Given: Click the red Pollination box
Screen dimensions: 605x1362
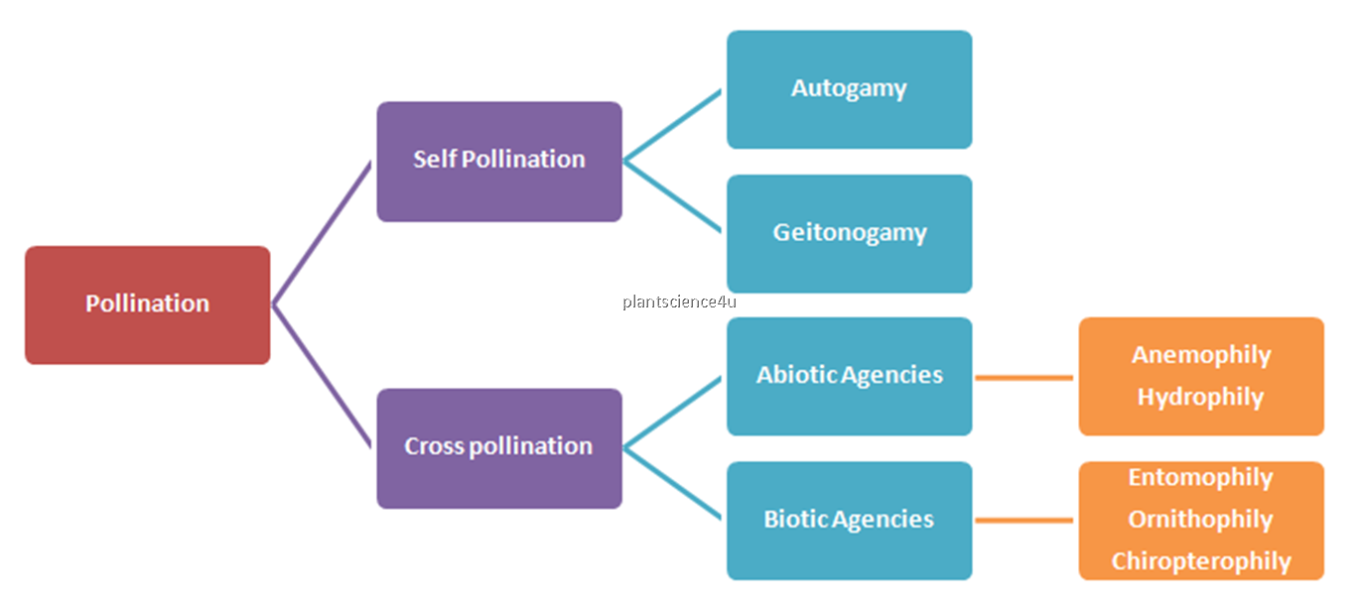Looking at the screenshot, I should click(147, 304).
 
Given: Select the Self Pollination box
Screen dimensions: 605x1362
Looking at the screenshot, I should click(499, 161).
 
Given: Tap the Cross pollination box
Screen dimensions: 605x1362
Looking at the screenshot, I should click(499, 447).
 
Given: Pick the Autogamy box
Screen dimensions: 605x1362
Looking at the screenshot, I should click(849, 89).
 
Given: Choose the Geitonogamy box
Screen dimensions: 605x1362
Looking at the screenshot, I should click(849, 234).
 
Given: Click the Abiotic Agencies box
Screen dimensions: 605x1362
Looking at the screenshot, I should click(849, 376).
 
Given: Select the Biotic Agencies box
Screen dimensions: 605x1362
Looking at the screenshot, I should click(849, 520).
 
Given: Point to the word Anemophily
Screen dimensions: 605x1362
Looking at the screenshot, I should click(1201, 355).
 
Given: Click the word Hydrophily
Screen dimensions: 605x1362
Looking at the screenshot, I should click(1201, 398).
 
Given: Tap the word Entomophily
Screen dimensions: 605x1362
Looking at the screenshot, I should click(1201, 478).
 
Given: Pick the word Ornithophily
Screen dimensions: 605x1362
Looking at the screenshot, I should click(1201, 520).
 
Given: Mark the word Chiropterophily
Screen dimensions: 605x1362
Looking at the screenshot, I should click(1201, 562).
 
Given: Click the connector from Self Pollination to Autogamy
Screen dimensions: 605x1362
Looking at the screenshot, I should click(672, 126).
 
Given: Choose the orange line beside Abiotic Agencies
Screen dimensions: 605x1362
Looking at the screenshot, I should click(1023, 377).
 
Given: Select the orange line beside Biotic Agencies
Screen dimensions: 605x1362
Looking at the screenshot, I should click(1023, 520).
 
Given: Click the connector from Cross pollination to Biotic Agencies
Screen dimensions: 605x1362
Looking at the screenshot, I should click(672, 483).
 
